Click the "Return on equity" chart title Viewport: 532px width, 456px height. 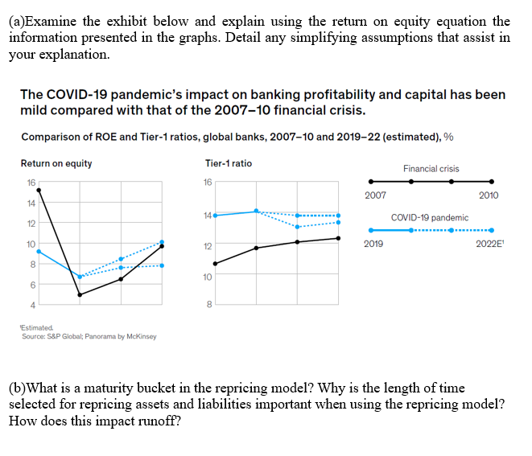[x=56, y=163]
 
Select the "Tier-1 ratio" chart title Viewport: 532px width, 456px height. [x=229, y=163]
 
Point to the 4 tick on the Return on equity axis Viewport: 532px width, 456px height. [x=32, y=304]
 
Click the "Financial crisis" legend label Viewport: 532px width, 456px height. [x=431, y=169]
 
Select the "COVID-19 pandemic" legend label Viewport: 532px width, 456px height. [x=430, y=218]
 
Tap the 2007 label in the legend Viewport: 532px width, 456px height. [x=375, y=195]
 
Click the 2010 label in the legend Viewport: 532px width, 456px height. [x=488, y=195]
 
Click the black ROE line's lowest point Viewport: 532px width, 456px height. [x=80, y=295]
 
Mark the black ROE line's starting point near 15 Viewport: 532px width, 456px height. [x=39, y=190]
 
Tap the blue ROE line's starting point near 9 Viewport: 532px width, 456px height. [x=39, y=251]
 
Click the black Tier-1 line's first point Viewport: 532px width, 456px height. [x=216, y=263]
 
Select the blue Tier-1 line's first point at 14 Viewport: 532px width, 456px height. [x=216, y=215]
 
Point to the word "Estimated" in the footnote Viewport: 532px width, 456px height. [x=37, y=328]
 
